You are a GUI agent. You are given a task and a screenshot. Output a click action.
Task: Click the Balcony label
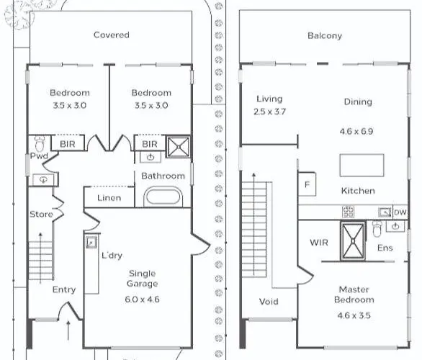click(325, 35)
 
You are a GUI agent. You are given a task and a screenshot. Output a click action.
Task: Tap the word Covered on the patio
click(112, 35)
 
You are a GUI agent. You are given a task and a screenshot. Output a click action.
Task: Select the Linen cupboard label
click(109, 198)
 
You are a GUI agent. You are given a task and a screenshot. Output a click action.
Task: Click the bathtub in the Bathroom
click(163, 197)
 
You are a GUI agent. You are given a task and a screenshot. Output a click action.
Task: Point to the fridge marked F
click(307, 184)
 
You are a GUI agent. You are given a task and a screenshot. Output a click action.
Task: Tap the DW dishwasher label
click(400, 212)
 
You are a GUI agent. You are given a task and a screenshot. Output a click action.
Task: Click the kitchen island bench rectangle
click(362, 165)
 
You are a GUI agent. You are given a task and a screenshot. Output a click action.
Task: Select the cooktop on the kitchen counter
click(348, 212)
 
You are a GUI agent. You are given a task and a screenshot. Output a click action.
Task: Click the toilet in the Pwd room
click(40, 143)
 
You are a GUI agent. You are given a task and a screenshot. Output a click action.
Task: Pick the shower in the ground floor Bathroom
click(179, 147)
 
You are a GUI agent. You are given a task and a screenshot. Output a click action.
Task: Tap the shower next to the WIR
click(353, 240)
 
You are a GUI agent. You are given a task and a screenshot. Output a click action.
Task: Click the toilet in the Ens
click(377, 229)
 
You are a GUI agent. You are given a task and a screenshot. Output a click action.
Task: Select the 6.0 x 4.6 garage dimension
click(142, 300)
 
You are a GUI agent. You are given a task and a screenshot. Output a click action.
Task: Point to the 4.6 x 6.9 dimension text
click(356, 131)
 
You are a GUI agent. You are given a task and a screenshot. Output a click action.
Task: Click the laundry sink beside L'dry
click(91, 242)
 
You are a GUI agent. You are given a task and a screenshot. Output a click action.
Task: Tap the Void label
click(269, 302)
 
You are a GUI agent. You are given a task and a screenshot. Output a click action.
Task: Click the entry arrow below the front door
click(68, 330)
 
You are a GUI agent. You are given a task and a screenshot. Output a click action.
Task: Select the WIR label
click(319, 243)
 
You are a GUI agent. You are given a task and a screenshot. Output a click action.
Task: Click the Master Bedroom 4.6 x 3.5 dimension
click(354, 315)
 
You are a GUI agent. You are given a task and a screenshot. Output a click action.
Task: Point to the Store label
click(41, 214)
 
